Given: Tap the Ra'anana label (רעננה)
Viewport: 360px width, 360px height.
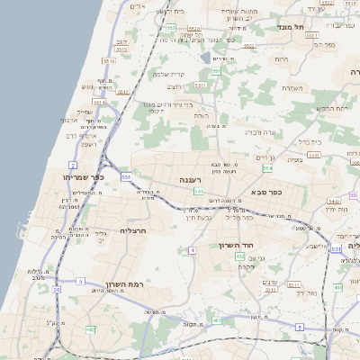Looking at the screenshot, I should click(190, 180).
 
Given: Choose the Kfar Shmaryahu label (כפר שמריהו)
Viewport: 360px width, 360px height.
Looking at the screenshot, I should click(84, 177).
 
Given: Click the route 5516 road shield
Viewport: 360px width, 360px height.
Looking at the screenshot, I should click(109, 61).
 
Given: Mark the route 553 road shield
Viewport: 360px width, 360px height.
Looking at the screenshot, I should click(170, 28).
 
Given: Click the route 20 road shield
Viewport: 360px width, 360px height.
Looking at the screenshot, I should click(56, 290).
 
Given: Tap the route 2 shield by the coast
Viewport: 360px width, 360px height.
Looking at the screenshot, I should click(72, 166).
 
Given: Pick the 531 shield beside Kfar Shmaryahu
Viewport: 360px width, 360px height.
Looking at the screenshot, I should click(126, 178).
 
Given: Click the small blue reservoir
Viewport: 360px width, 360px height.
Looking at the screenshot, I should click(206, 58).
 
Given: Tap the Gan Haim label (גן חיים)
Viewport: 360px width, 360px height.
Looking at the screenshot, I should click(264, 158).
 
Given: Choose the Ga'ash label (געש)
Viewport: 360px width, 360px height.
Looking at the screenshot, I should click(89, 87).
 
